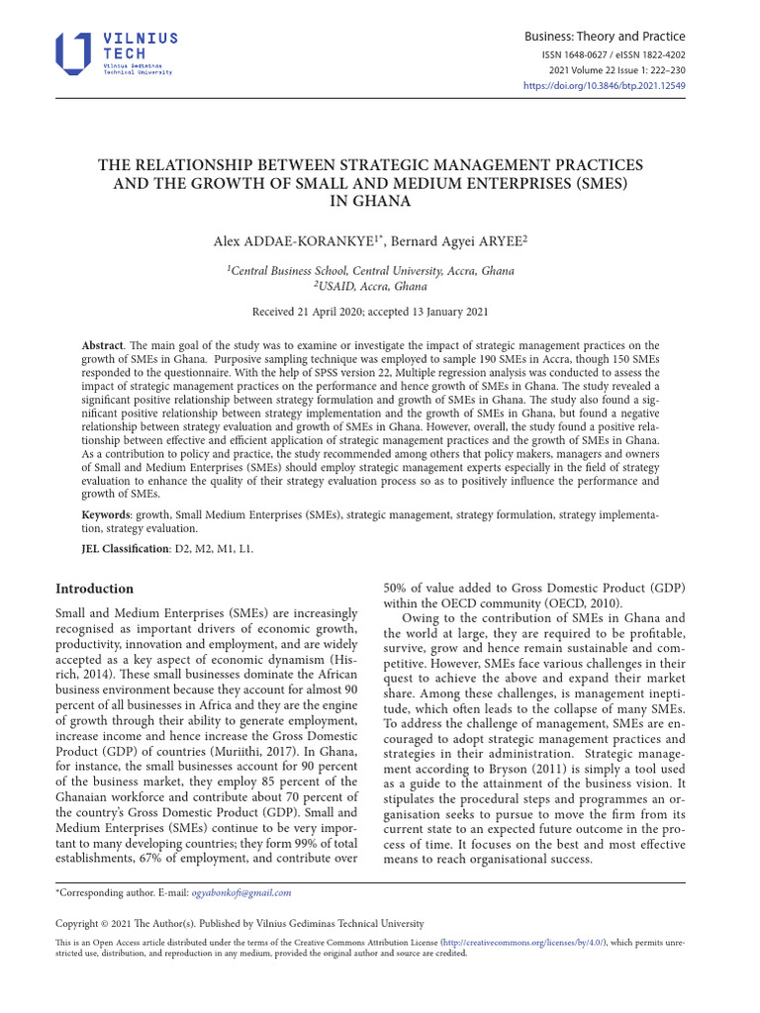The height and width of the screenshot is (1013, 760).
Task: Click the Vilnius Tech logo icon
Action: coord(73,52)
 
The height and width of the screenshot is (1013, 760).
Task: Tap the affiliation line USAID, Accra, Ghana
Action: coord(370,286)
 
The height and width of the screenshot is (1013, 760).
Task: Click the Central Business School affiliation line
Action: coord(370,270)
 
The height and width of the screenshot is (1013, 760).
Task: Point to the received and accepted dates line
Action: coord(370,312)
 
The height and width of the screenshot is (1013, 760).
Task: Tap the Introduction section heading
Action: coord(94,588)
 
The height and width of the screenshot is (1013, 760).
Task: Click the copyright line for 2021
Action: coord(239,923)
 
